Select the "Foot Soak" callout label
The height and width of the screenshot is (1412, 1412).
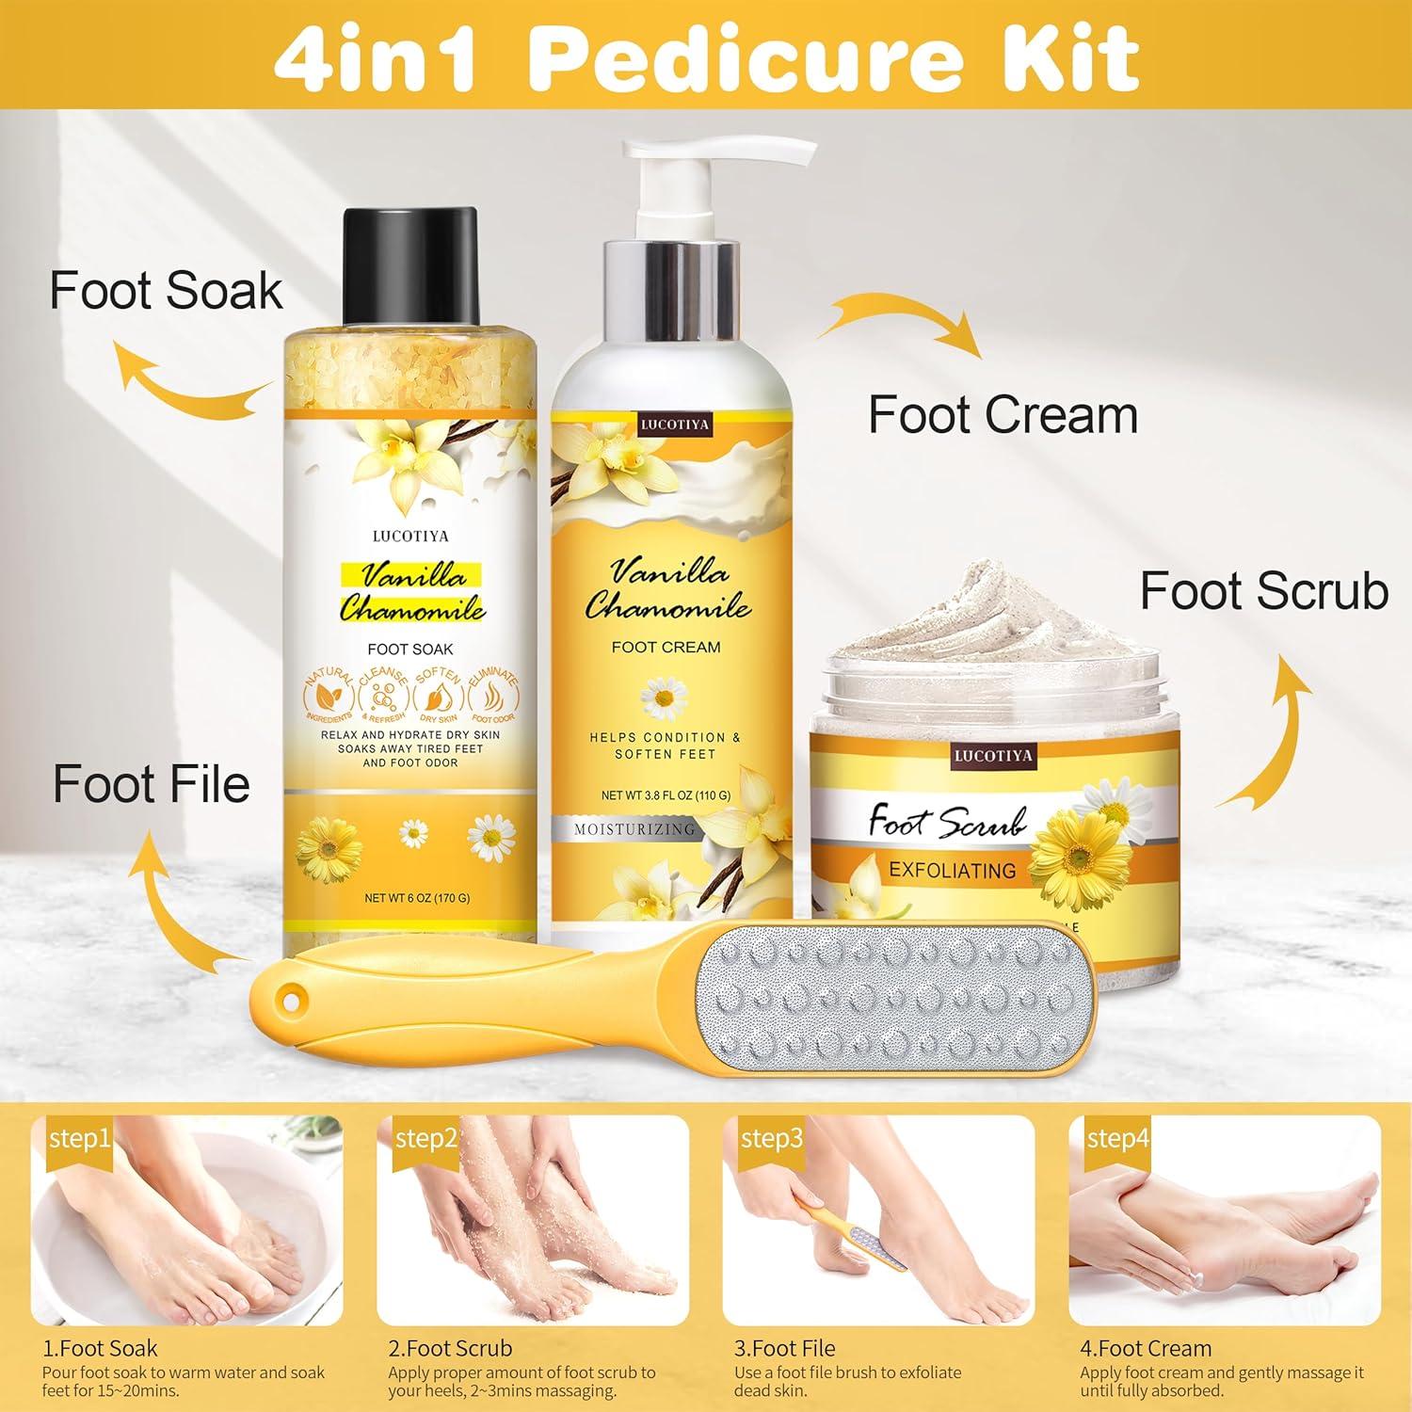(166, 290)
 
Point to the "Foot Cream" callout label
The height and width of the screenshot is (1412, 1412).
(1003, 415)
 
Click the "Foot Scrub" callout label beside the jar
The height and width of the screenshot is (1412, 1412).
(1264, 592)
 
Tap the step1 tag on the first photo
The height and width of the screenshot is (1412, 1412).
(80, 1139)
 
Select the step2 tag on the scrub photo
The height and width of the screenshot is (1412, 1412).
(425, 1139)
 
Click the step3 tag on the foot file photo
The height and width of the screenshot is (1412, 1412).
(772, 1139)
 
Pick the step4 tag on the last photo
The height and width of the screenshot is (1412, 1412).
(1117, 1139)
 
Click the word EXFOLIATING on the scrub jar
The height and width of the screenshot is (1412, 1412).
(953, 871)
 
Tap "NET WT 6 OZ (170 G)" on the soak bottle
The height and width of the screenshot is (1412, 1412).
(417, 898)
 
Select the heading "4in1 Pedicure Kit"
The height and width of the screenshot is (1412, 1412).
(706, 58)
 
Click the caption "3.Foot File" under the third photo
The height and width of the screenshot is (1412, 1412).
(784, 1348)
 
